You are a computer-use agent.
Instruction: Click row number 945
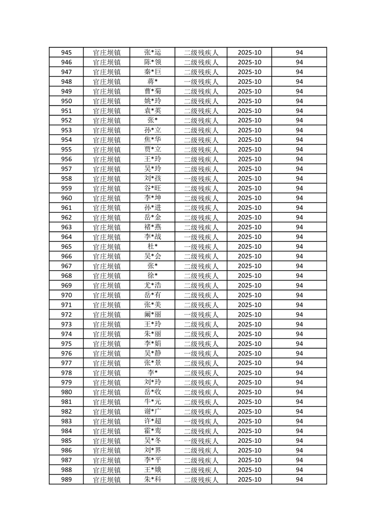[66, 53]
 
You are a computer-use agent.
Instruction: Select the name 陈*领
[153, 62]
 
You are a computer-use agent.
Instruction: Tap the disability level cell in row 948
[201, 82]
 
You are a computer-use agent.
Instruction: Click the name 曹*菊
[153, 92]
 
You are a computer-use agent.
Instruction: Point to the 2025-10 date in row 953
[249, 130]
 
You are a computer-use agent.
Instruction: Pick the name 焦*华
[153, 140]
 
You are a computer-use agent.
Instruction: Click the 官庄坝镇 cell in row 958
[107, 179]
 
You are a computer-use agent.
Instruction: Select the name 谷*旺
[153, 189]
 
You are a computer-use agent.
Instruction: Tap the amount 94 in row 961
[299, 208]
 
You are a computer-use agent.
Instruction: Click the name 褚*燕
[153, 227]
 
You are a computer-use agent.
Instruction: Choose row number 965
[66, 247]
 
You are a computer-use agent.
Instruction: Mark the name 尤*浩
[153, 285]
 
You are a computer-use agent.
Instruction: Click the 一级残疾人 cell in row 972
[201, 314]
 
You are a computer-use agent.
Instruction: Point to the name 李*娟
[153, 344]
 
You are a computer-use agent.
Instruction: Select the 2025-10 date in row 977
[249, 363]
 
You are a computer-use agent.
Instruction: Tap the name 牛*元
[153, 402]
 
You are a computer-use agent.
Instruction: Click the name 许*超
[153, 422]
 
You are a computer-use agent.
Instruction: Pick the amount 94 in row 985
[299, 441]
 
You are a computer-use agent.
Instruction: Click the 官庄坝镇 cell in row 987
[107, 460]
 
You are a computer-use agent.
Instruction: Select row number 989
[66, 479]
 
